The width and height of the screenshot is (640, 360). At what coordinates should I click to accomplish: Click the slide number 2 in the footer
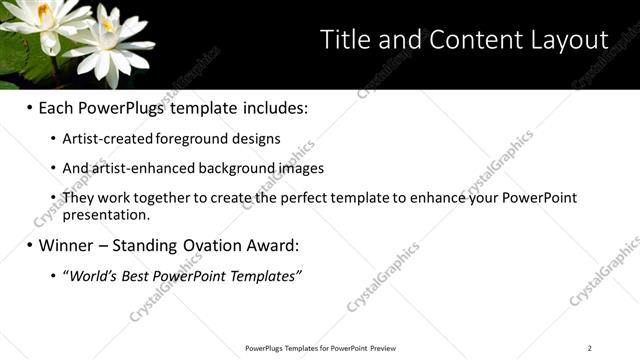point(590,348)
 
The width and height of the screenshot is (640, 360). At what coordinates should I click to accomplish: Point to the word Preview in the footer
point(383,348)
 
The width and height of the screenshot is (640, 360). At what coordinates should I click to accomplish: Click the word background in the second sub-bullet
point(240,168)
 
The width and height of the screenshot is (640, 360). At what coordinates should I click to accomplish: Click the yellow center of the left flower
point(42,9)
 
